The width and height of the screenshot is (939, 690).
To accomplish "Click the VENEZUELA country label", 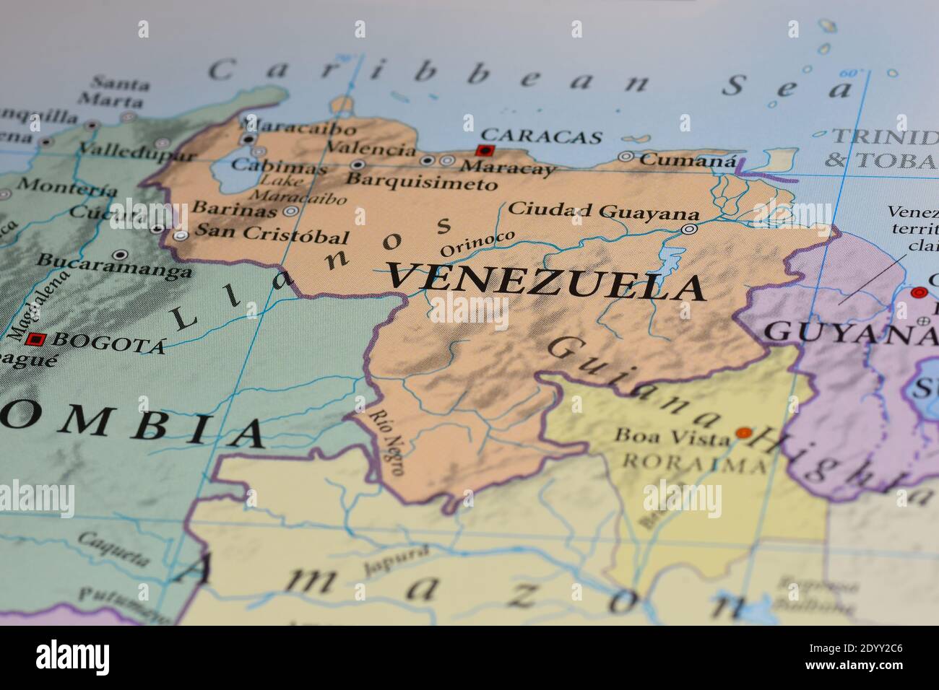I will click(x=545, y=281).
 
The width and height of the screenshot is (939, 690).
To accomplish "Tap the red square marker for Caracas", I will click(x=484, y=151).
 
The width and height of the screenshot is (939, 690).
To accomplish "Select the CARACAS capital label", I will click(x=541, y=136).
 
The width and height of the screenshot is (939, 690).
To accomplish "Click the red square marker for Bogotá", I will click(x=35, y=339).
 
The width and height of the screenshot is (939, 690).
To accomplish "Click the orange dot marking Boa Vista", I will click(x=743, y=433).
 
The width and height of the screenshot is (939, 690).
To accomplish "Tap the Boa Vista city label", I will click(x=672, y=437).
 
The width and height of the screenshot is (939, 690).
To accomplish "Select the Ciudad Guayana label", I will click(x=603, y=211).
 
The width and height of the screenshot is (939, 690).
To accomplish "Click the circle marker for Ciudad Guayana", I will click(x=689, y=229).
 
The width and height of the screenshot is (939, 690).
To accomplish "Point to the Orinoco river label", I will click(x=477, y=243).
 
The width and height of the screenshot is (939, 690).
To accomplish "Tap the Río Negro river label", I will click(x=387, y=442).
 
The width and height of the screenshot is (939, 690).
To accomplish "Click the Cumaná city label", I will click(x=687, y=160).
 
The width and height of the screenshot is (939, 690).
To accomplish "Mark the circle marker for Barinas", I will click(x=290, y=211).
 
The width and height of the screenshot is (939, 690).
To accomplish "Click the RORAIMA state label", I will click(x=693, y=463).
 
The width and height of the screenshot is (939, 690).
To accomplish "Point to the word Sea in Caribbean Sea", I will click(x=788, y=87).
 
